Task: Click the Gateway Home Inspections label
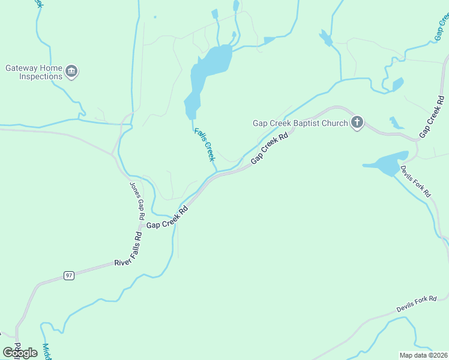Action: point(34,72)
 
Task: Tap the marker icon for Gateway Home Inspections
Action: point(72,72)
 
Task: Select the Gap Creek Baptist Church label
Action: point(300,123)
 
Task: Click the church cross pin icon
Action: point(357,123)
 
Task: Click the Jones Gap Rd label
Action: point(137,200)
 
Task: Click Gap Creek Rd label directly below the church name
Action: point(270,149)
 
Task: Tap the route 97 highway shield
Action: point(69,275)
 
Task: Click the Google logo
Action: point(20,352)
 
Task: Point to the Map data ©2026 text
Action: point(423,355)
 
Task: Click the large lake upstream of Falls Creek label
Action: point(210,69)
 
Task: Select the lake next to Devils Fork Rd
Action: point(384,162)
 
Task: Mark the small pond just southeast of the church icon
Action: point(396,124)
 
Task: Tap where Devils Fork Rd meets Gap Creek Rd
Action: point(415,142)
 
